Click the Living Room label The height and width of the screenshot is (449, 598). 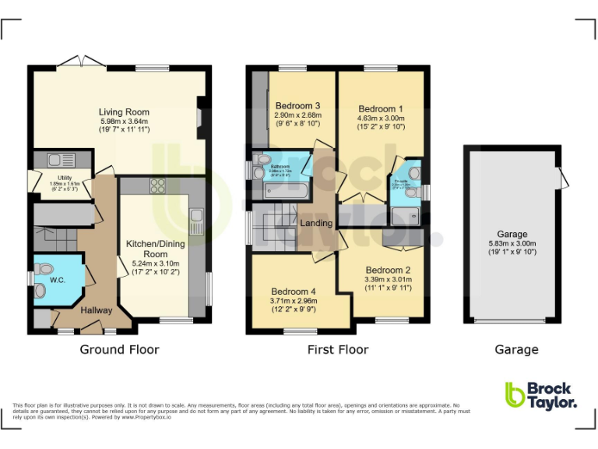point(124,111)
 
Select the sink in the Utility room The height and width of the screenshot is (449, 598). point(56,161)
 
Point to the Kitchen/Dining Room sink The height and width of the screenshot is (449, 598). point(196,216)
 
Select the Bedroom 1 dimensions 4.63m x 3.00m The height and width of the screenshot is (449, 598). point(382,118)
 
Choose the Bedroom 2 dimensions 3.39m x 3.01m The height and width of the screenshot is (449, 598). point(387,280)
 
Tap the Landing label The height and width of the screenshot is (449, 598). point(317,224)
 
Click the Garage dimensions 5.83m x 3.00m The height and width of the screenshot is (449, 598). point(512,243)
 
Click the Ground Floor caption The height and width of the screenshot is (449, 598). point(119,349)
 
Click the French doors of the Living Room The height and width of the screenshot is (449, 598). point(82,62)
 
